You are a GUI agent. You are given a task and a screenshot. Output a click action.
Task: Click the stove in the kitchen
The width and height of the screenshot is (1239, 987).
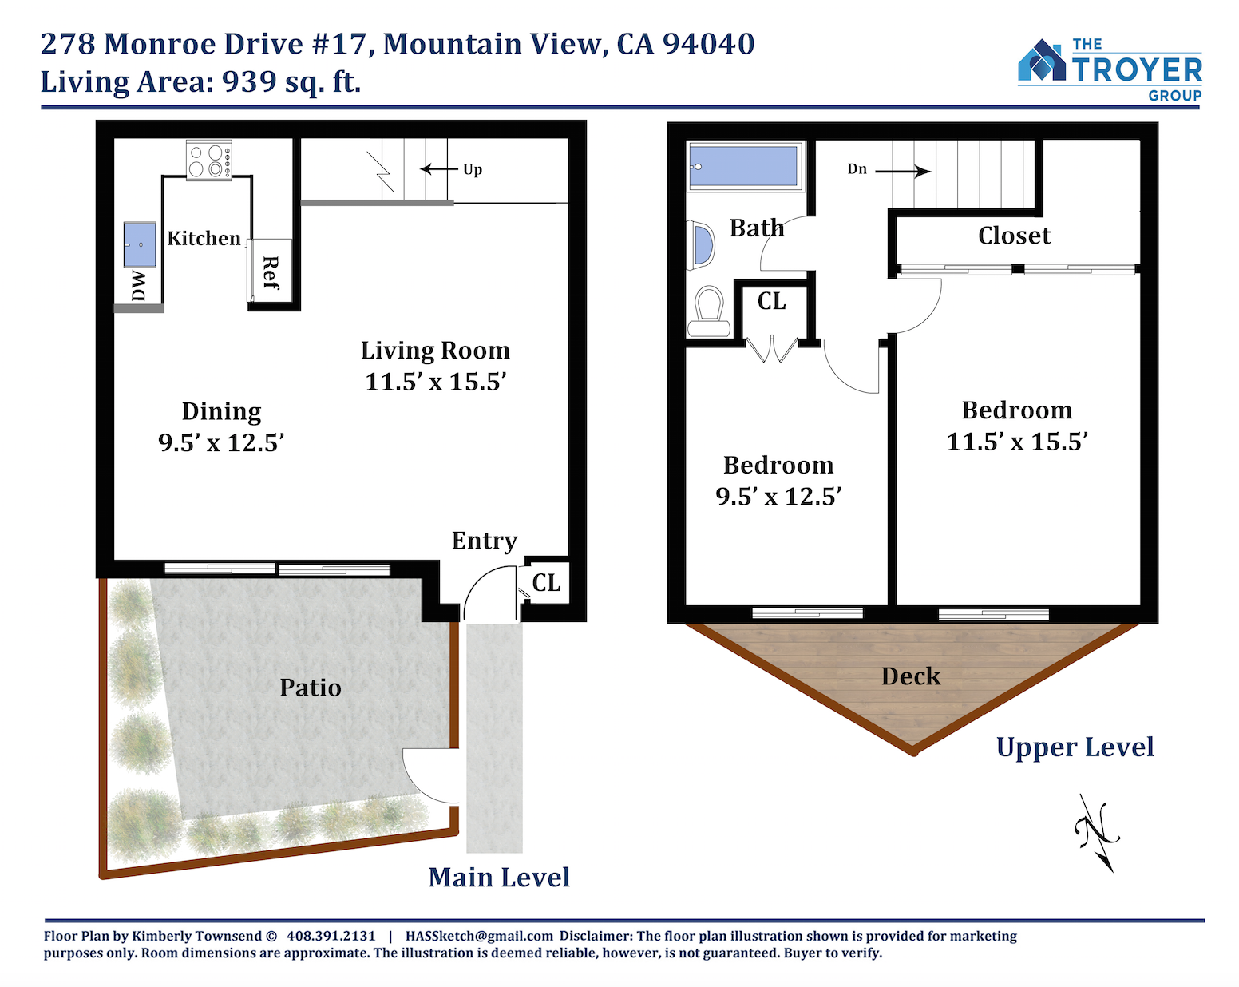pyautogui.click(x=209, y=160)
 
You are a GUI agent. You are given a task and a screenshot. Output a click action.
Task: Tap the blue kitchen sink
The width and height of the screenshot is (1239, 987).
pyautogui.click(x=140, y=244)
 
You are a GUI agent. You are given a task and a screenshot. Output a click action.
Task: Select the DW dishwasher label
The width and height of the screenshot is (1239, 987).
pyautogui.click(x=138, y=286)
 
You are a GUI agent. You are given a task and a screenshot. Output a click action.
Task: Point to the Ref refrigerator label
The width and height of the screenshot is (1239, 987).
pyautogui.click(x=271, y=272)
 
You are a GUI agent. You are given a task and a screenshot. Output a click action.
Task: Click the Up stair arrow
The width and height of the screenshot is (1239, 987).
pyautogui.click(x=441, y=169)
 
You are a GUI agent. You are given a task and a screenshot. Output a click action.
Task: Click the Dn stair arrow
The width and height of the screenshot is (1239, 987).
pyautogui.click(x=903, y=171)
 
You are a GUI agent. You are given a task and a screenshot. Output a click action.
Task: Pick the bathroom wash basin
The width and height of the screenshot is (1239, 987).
pyautogui.click(x=701, y=245)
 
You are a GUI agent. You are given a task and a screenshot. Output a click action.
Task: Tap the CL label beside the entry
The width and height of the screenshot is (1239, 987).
pyautogui.click(x=546, y=582)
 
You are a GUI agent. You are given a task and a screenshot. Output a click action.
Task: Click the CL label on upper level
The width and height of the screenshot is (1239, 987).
pyautogui.click(x=771, y=301)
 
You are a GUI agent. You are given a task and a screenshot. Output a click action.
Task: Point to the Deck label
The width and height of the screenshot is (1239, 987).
pyautogui.click(x=911, y=676)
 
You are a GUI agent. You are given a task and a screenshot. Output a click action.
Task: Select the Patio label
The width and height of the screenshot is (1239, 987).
pyautogui.click(x=311, y=688)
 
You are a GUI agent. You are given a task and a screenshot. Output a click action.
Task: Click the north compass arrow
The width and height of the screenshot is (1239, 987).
pyautogui.click(x=1097, y=834)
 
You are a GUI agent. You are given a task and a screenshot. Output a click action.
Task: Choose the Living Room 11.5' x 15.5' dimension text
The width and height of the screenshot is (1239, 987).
pyautogui.click(x=436, y=382)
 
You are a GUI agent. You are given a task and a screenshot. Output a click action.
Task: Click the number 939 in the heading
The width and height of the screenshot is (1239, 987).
pyautogui.click(x=249, y=81)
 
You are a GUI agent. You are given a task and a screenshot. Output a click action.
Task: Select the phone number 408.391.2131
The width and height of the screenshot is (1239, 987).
pyautogui.click(x=331, y=936)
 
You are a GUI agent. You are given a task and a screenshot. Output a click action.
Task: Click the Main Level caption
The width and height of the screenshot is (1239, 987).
pyautogui.click(x=499, y=878)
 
